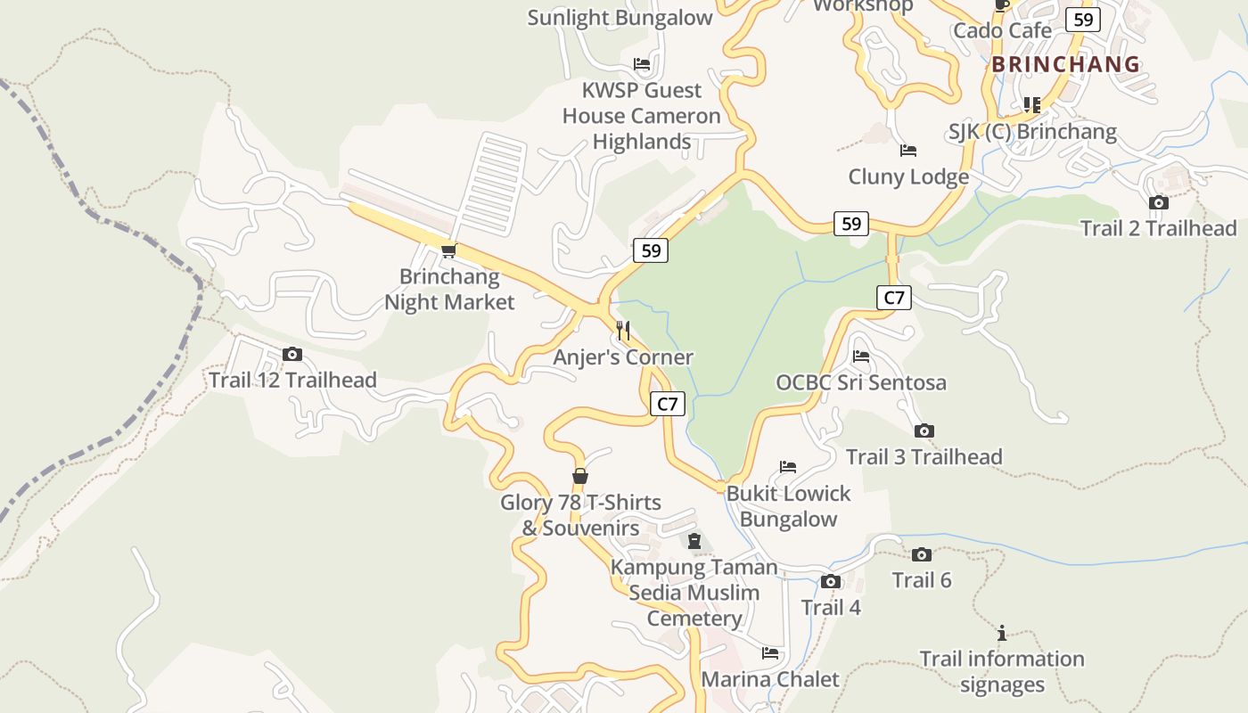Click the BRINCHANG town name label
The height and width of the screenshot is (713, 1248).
point(1065,64)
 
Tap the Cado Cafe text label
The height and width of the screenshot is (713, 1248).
point(1002,31)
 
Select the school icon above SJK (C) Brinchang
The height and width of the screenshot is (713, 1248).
point(1031,105)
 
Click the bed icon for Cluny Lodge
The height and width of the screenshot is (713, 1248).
point(908,151)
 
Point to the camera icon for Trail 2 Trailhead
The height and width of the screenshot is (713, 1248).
point(1159,202)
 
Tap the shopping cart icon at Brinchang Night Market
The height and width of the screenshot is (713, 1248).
point(449,250)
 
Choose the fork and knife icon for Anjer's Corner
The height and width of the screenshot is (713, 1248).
point(623,331)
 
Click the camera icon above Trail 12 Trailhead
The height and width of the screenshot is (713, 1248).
point(292,354)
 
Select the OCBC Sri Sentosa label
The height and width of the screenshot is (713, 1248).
point(861,382)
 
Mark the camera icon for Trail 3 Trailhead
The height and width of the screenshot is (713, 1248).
point(924,430)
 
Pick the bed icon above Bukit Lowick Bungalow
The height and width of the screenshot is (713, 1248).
point(788,467)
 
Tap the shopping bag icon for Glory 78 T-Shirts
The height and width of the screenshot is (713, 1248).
point(580,476)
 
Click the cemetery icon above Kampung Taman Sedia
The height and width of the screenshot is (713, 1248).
point(694,541)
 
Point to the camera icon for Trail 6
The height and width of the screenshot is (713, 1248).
point(922,554)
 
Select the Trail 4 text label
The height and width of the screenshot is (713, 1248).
point(831,608)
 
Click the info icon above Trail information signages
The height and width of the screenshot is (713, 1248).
point(1002,633)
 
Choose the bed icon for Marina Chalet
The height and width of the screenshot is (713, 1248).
point(770,653)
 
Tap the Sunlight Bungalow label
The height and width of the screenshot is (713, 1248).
point(620,18)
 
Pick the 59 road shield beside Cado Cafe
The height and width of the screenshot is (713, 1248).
point(1083,20)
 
